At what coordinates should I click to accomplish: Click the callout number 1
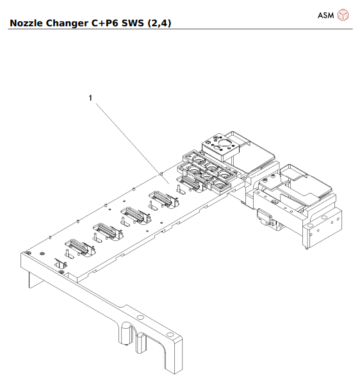pyautogui.click(x=90, y=98)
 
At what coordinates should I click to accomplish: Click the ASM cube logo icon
pyautogui.click(x=343, y=15)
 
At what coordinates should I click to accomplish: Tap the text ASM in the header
pyautogui.click(x=325, y=15)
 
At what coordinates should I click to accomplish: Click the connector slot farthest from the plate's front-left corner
pyautogui.click(x=160, y=195)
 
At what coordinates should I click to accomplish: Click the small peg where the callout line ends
pyautogui.click(x=160, y=172)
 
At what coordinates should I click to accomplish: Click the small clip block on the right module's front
pyautogui.click(x=263, y=219)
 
